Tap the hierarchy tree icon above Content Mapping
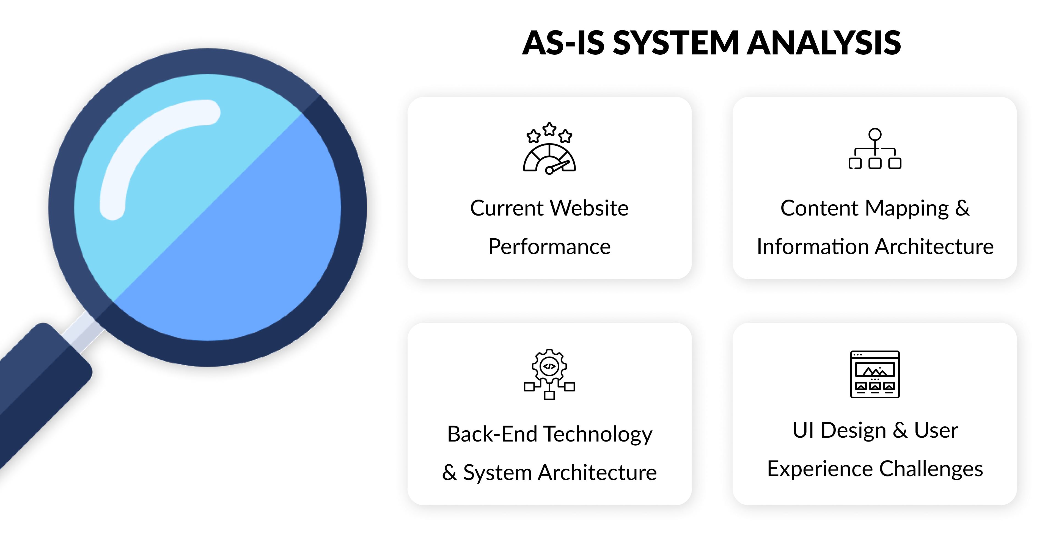(x=875, y=150)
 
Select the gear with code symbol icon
(x=549, y=374)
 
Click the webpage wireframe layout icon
(x=875, y=374)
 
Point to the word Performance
(x=549, y=246)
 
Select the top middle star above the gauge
(x=549, y=129)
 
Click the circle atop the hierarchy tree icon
(x=875, y=134)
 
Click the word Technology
(x=598, y=434)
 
